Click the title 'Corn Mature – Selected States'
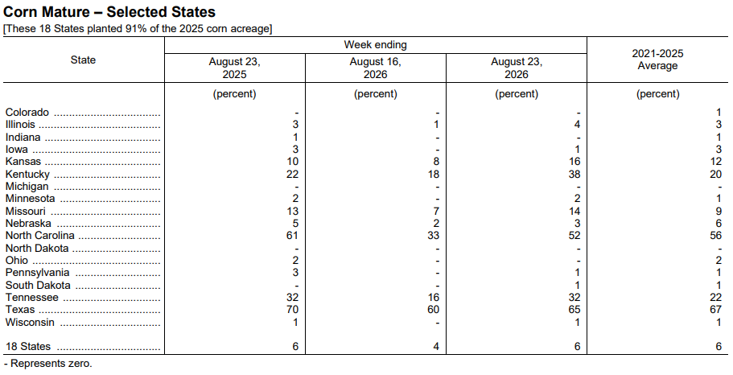pos(109,12)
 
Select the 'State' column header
pos(83,60)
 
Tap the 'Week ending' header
pos(376,45)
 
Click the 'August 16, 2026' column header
pos(376,68)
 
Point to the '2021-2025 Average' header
pos(657,60)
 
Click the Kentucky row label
pos(27,175)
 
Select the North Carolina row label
pos(39,235)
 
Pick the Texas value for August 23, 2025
pos(292,310)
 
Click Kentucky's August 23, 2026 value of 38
pos(574,174)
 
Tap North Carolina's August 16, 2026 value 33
pos(434,235)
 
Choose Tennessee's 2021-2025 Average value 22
pos(715,298)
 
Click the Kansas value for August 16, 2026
pos(436,161)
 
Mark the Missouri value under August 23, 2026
pos(574,211)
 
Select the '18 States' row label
pos(28,347)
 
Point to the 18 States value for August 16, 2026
pos(436,347)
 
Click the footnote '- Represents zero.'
pos(47,363)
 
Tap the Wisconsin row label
pos(30,322)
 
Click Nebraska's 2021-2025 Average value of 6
pos(719,224)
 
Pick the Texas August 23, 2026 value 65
pos(574,310)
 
